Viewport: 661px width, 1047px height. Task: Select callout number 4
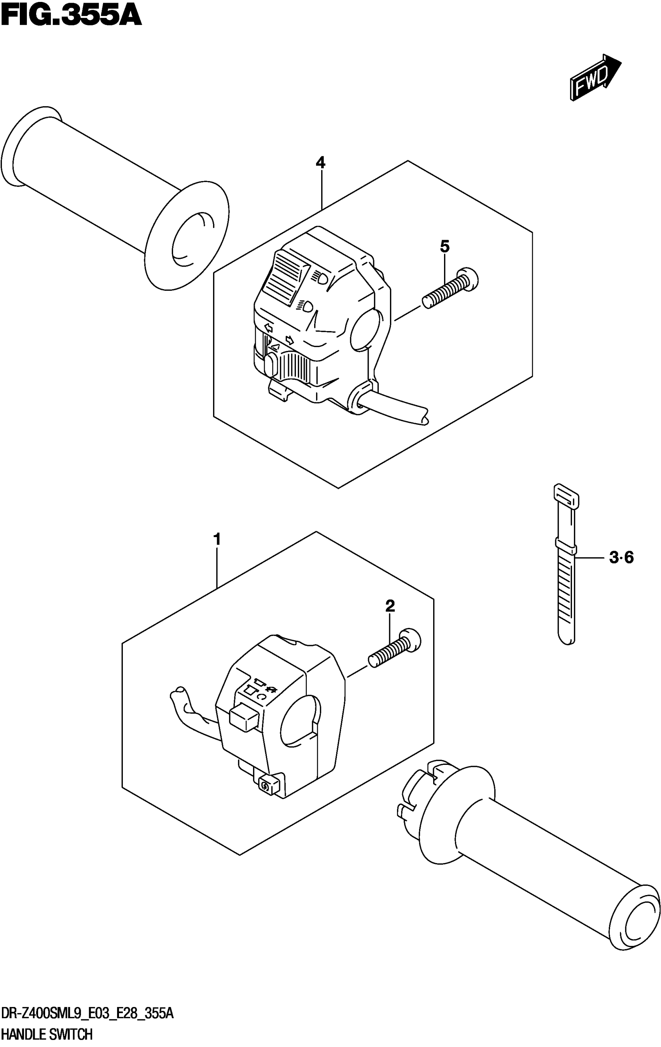pos(320,163)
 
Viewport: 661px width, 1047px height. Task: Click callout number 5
pos(444,246)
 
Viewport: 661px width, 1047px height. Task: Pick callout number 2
pos(390,606)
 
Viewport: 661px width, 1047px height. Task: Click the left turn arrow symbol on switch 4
pos(268,327)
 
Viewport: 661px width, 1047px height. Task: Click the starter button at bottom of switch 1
pos(265,785)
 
